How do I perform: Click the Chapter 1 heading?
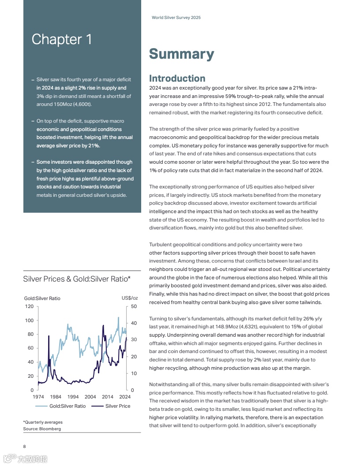point(62,40)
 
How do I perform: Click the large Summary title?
point(181,54)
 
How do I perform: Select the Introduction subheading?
point(177,79)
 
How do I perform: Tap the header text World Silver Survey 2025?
point(176,18)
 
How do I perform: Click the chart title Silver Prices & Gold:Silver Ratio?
point(77,279)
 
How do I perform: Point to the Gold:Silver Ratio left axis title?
point(42,298)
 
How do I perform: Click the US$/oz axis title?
point(130,298)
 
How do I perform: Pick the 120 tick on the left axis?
point(29,306)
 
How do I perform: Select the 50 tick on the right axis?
point(134,306)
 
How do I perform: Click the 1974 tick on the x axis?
point(38,397)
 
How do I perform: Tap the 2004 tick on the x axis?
point(90,397)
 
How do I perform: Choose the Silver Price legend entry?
point(118,406)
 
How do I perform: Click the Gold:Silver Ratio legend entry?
point(67,406)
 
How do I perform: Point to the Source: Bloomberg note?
point(42,428)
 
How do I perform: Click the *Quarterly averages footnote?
point(43,422)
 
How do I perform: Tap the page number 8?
point(25,446)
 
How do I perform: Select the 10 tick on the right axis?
point(134,373)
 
